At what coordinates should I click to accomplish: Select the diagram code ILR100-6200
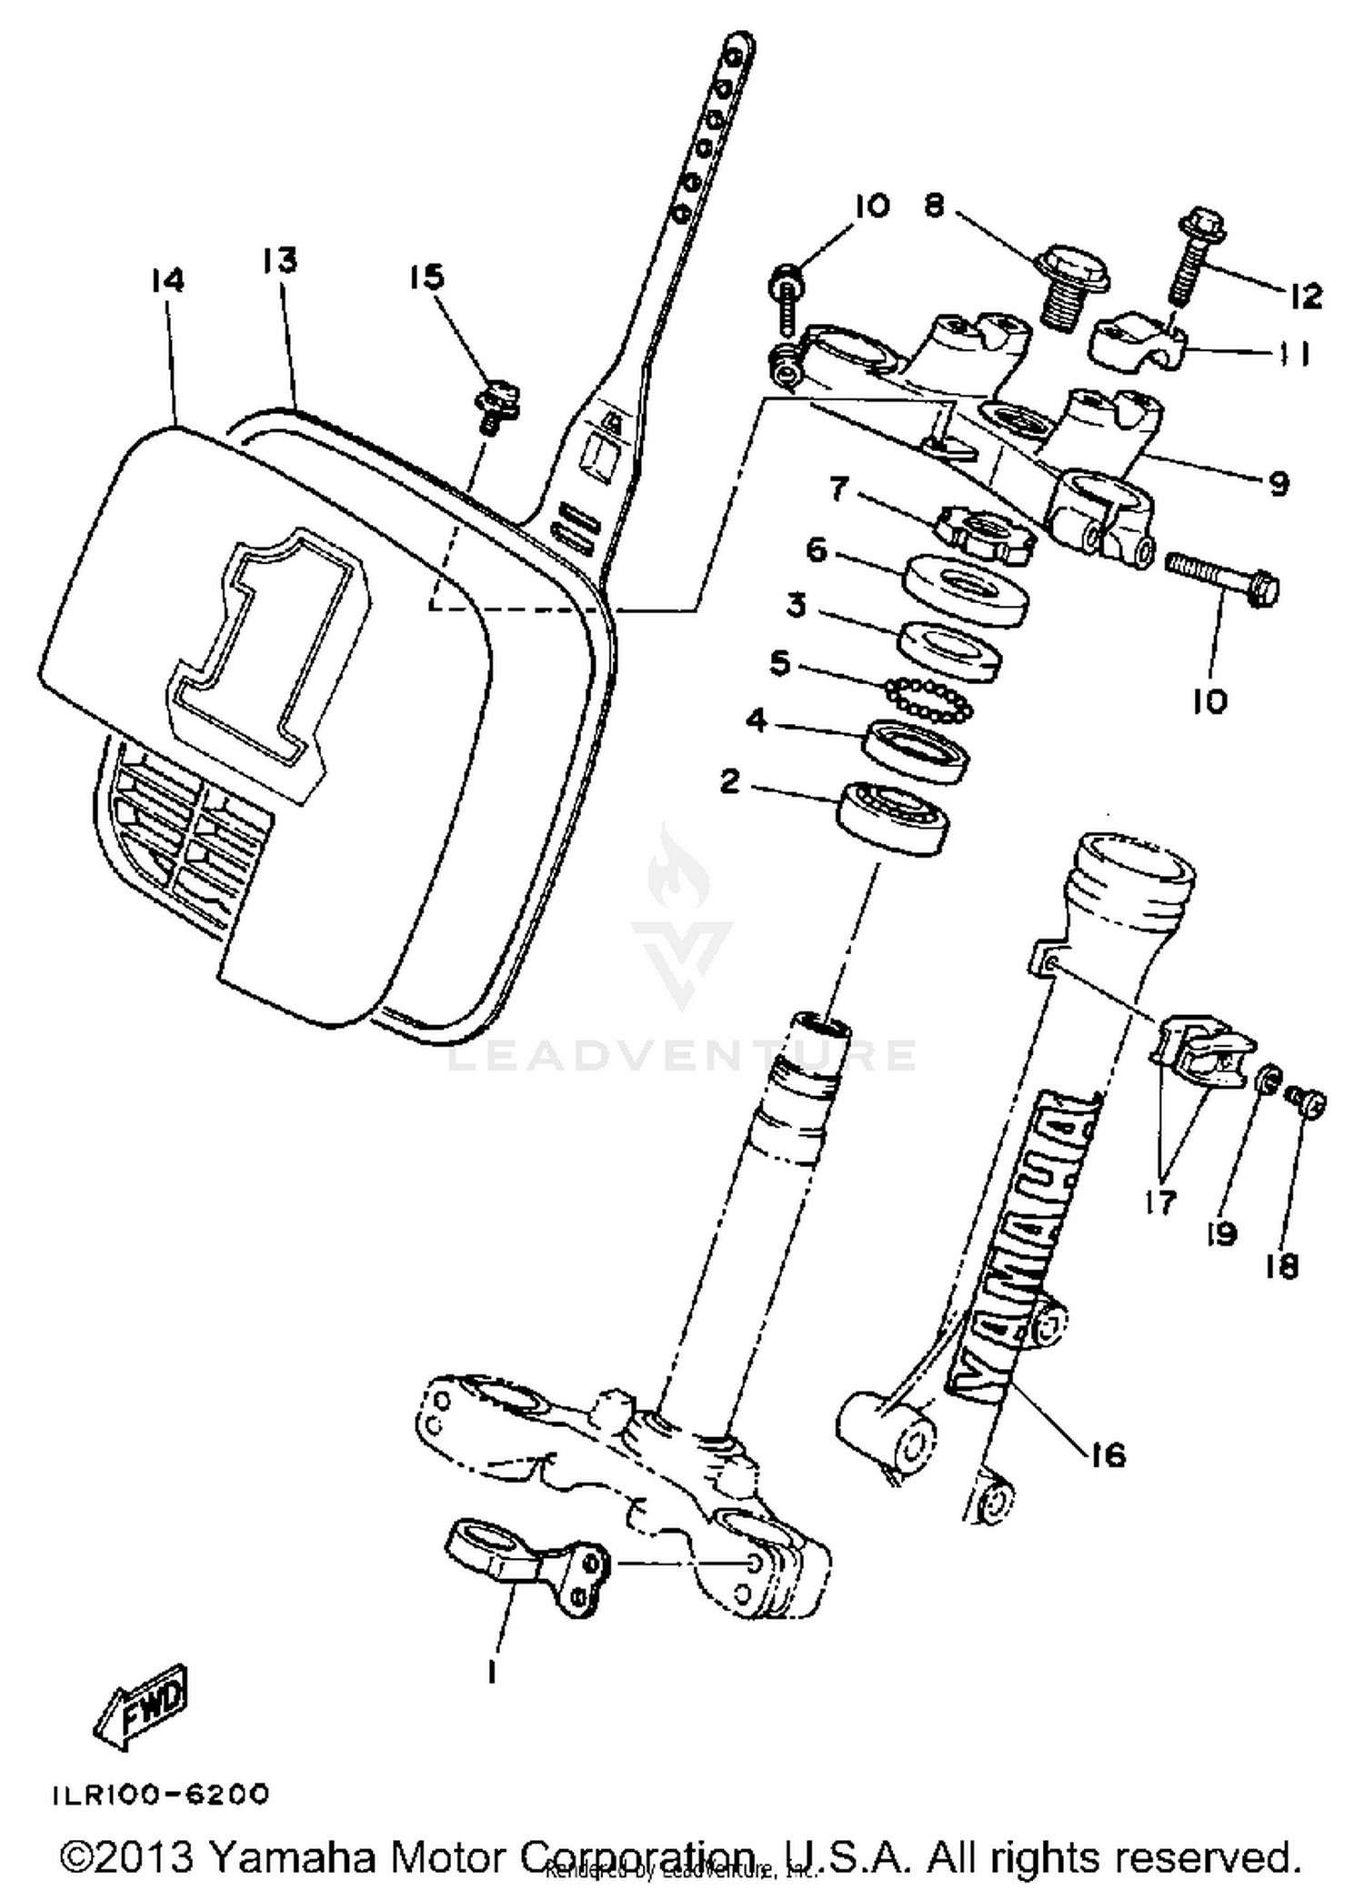point(160,1795)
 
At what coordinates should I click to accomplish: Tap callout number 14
point(168,280)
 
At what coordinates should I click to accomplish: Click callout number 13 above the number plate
point(280,261)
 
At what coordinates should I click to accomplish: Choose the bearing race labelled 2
point(893,816)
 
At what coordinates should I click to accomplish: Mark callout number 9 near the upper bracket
point(1279,482)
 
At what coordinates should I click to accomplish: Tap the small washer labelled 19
point(1268,1080)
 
